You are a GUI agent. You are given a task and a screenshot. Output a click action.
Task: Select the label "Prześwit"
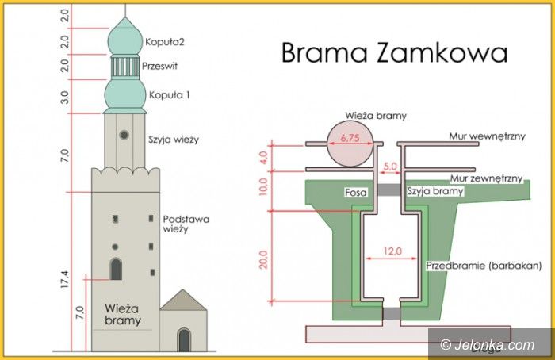(161, 67)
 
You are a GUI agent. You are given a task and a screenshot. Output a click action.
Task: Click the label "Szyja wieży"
(173, 140)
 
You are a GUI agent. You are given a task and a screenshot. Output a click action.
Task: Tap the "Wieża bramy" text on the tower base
(122, 314)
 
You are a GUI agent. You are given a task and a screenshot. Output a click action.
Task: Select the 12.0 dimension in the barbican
(389, 251)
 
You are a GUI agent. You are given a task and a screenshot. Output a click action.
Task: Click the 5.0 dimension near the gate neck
(389, 166)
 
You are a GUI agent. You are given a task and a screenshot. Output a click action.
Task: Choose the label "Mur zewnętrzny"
(486, 179)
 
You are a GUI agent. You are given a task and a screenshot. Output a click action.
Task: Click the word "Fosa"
(354, 192)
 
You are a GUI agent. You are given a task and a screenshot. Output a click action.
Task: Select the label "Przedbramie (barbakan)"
(472, 265)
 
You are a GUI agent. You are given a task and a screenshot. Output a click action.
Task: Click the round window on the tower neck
(124, 135)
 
